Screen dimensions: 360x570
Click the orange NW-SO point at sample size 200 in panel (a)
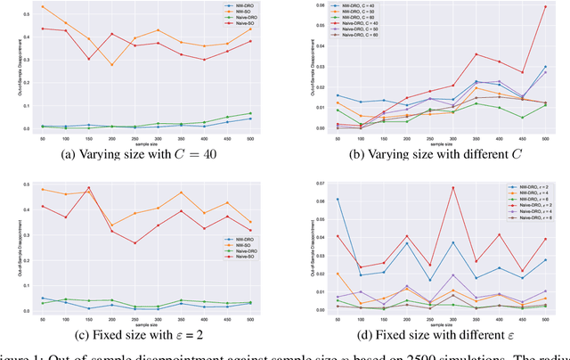pos(136,64)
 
